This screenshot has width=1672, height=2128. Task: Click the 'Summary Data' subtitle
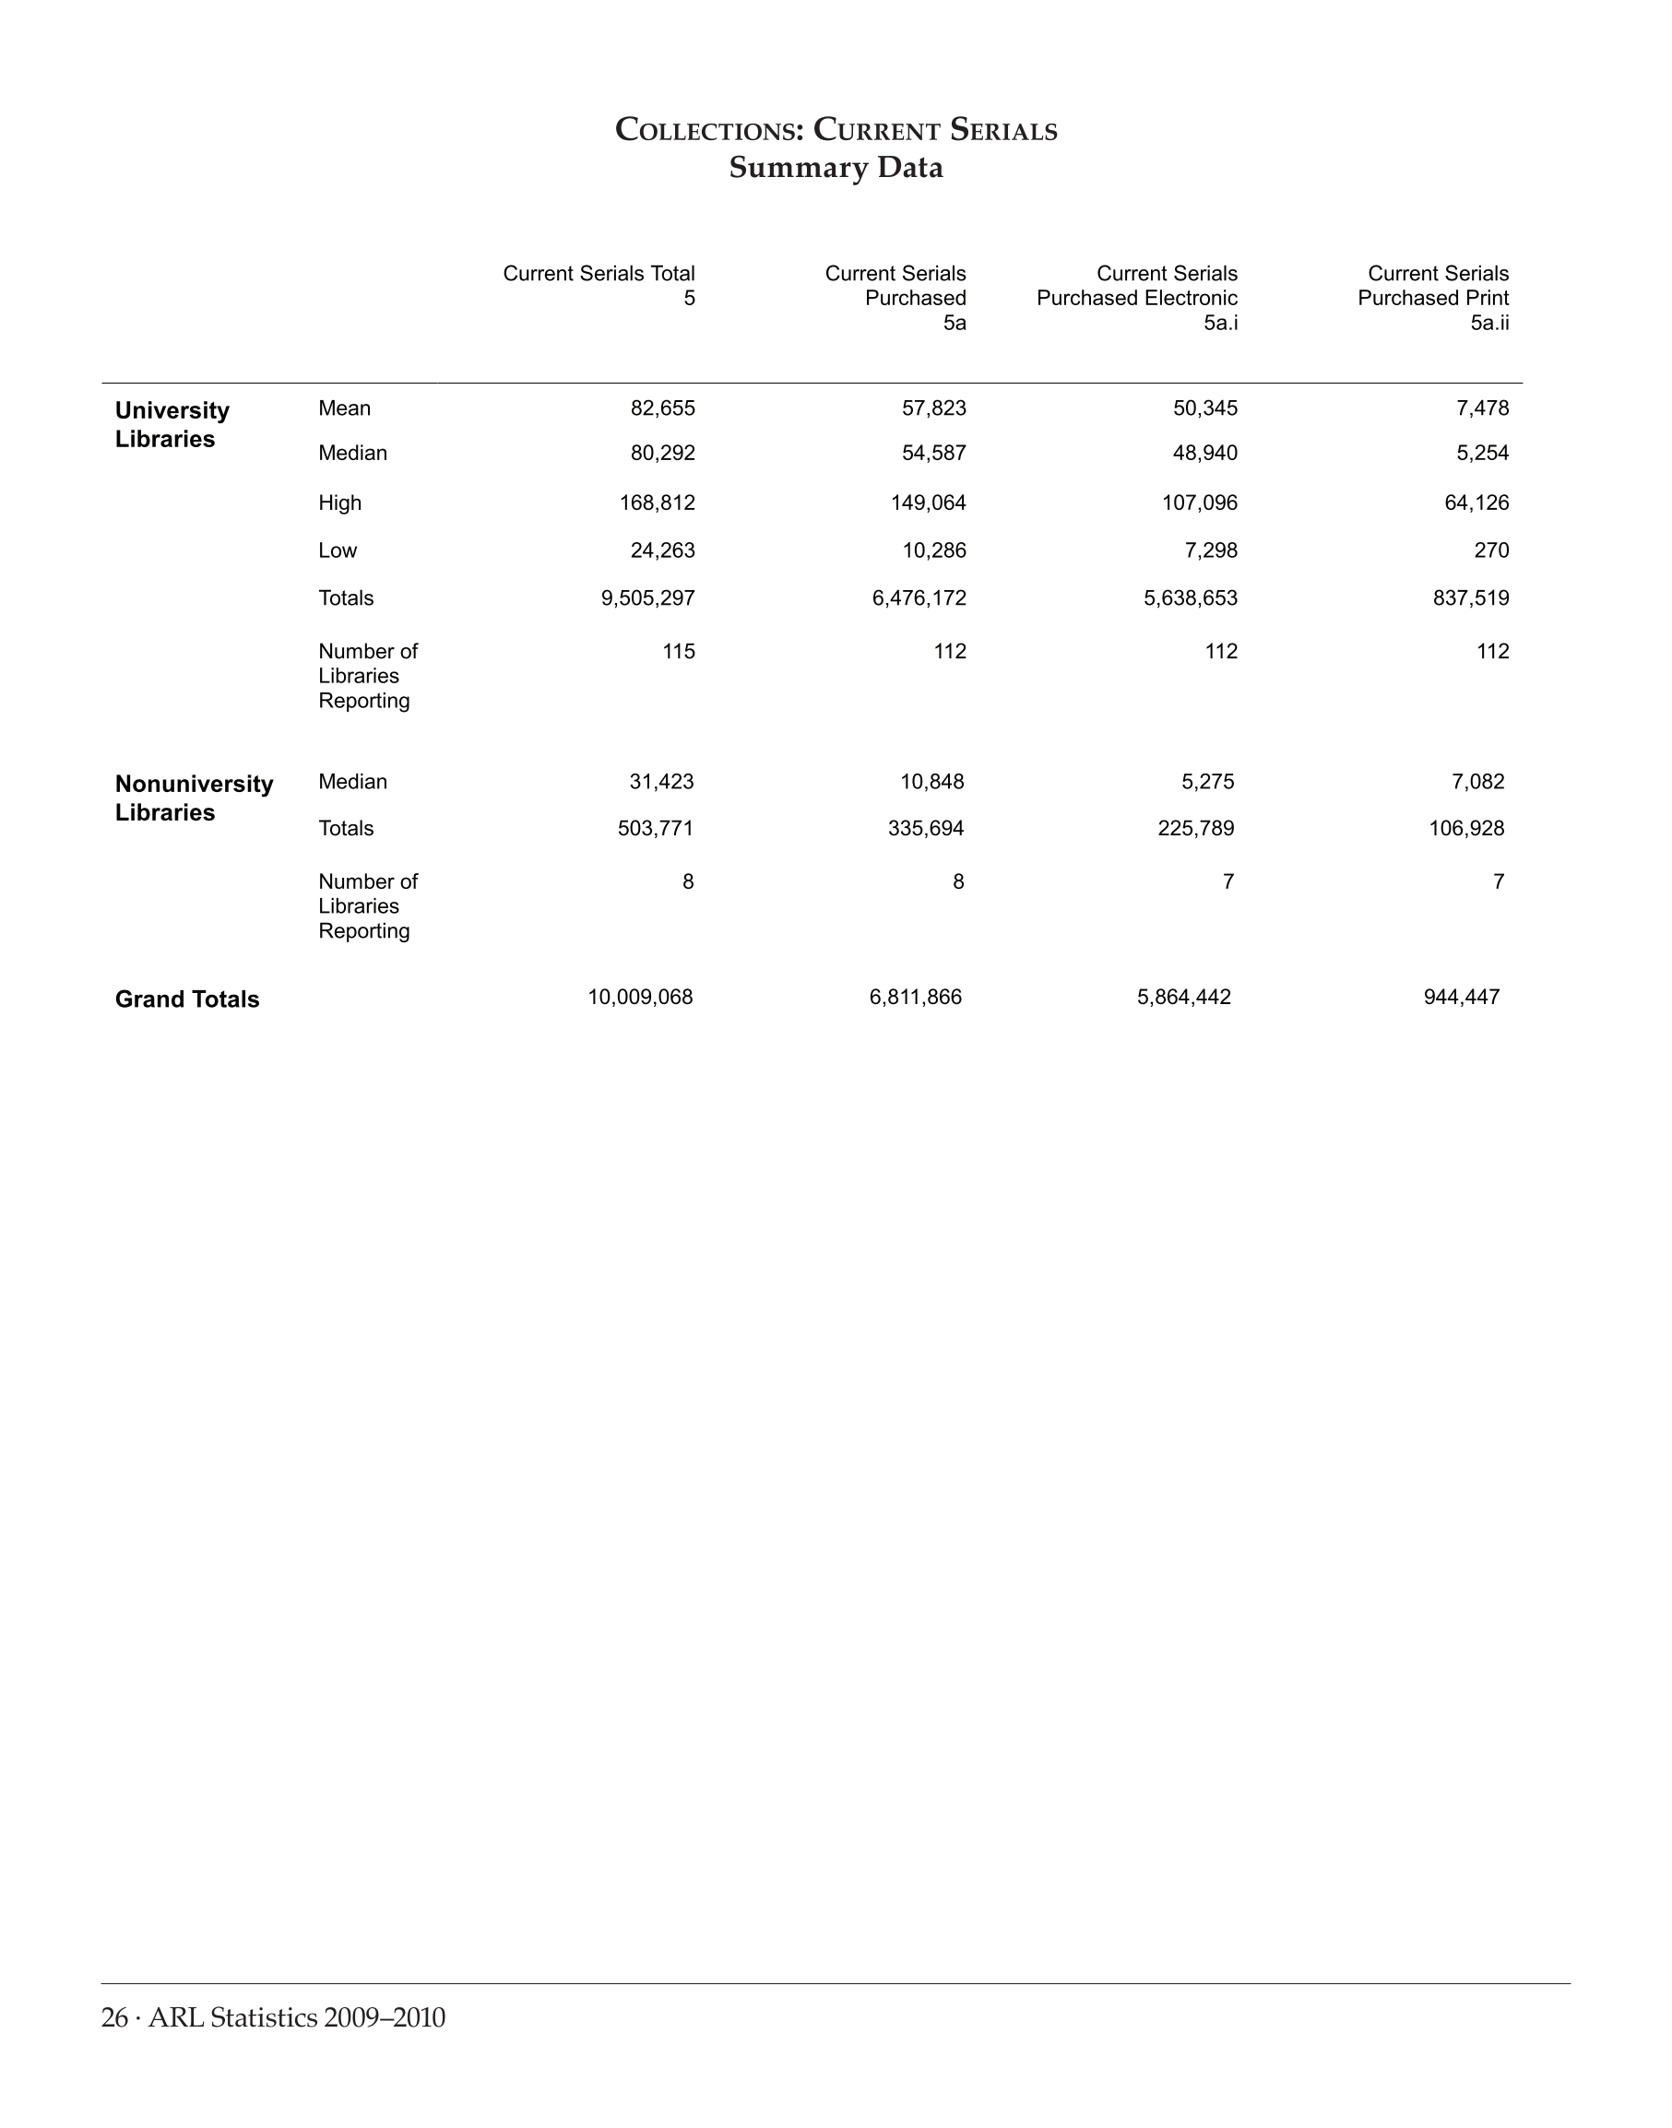pyautogui.click(x=836, y=169)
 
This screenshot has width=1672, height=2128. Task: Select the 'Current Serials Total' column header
pyautogui.click(x=599, y=274)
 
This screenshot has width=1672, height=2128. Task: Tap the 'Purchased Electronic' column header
pyautogui.click(x=1136, y=298)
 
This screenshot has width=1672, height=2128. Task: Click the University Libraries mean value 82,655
pyautogui.click(x=663, y=408)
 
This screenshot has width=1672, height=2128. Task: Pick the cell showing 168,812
pyautogui.click(x=657, y=503)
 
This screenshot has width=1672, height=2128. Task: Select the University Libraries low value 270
pyautogui.click(x=1491, y=550)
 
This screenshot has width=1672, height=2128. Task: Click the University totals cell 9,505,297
pyautogui.click(x=648, y=598)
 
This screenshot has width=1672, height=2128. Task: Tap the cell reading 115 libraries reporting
pyautogui.click(x=679, y=651)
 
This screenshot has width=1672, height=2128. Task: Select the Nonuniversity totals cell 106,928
pyautogui.click(x=1466, y=828)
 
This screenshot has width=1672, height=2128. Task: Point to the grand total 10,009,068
pyautogui.click(x=640, y=998)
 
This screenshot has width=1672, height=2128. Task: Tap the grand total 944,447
pyautogui.click(x=1462, y=998)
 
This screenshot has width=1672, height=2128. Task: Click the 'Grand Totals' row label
pyautogui.click(x=187, y=999)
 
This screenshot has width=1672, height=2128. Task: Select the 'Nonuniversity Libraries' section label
pyautogui.click(x=194, y=798)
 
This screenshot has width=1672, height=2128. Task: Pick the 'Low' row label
pyautogui.click(x=338, y=550)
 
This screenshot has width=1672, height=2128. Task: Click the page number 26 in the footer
pyautogui.click(x=114, y=2017)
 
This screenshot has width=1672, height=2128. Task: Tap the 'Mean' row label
pyautogui.click(x=345, y=408)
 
